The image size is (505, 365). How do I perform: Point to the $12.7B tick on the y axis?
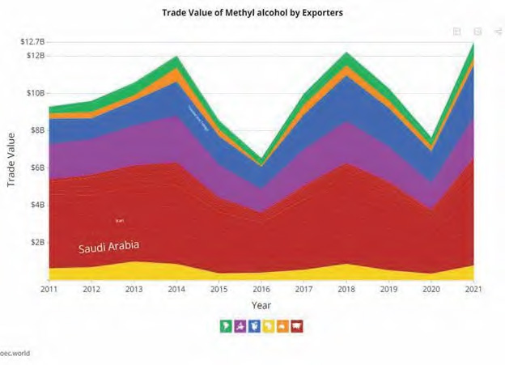coord(32,42)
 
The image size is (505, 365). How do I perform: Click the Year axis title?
coord(261,306)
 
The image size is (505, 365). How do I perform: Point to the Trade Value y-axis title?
coord(12,160)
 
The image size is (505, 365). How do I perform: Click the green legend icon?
coord(226,326)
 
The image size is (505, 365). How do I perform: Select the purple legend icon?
coord(240,326)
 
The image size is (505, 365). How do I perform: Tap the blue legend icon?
coord(254,326)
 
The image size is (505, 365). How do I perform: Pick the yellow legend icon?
coord(268,326)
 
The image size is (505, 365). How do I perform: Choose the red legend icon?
coord(296,326)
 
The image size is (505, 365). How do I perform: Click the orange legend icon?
coord(282,326)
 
